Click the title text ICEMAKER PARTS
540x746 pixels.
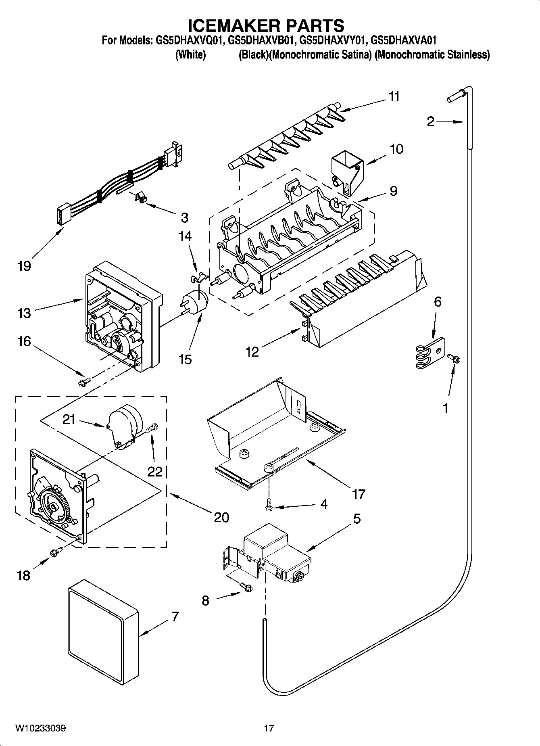point(266,25)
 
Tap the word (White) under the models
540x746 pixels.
point(190,55)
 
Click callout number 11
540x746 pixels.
point(394,97)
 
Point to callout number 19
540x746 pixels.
point(24,266)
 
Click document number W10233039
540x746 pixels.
point(41,729)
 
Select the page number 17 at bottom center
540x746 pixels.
point(269,729)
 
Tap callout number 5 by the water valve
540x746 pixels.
point(357,519)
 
